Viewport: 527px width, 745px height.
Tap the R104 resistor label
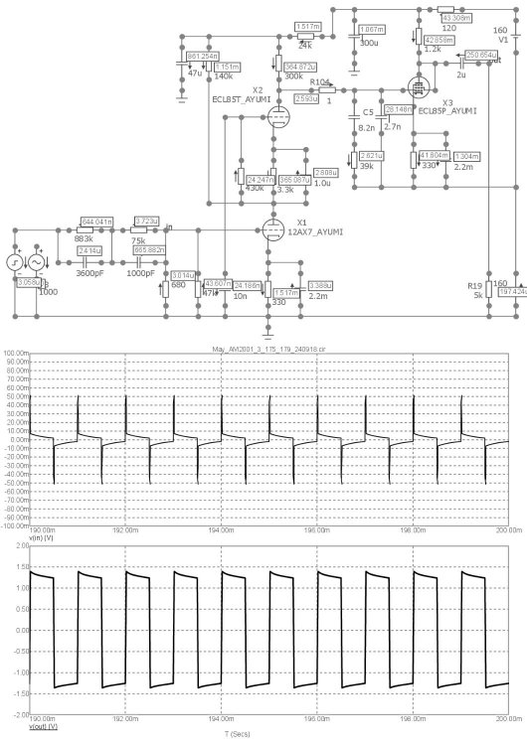(319, 82)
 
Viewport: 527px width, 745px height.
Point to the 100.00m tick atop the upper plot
(14, 329)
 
